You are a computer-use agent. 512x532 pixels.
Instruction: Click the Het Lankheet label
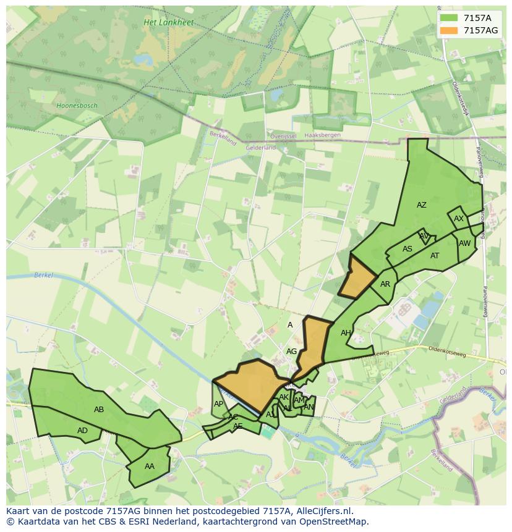pos(168,23)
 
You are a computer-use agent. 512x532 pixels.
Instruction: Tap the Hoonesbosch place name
pos(77,106)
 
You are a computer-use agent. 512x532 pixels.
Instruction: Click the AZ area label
pos(421,205)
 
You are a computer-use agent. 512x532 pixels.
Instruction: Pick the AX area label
pos(459,219)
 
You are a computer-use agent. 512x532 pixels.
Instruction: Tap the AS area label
pos(407,249)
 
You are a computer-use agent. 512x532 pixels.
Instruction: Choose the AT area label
pos(435,256)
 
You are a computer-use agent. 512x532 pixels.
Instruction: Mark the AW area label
pos(464,243)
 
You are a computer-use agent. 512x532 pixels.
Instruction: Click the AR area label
pos(385,284)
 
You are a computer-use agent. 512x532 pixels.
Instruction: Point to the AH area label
pos(346,333)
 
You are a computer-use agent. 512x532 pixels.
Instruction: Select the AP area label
pos(218,404)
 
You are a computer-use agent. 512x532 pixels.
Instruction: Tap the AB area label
pos(99,409)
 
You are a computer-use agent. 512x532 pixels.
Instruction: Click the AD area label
pos(82,431)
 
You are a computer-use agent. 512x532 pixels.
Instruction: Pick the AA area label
pos(149,466)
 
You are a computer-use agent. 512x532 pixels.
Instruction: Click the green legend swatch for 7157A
pos(449,18)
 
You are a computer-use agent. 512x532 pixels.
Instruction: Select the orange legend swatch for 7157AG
pos(449,30)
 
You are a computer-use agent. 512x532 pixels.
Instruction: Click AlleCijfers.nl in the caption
pos(323,511)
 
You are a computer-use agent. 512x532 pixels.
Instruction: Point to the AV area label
pos(424,236)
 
